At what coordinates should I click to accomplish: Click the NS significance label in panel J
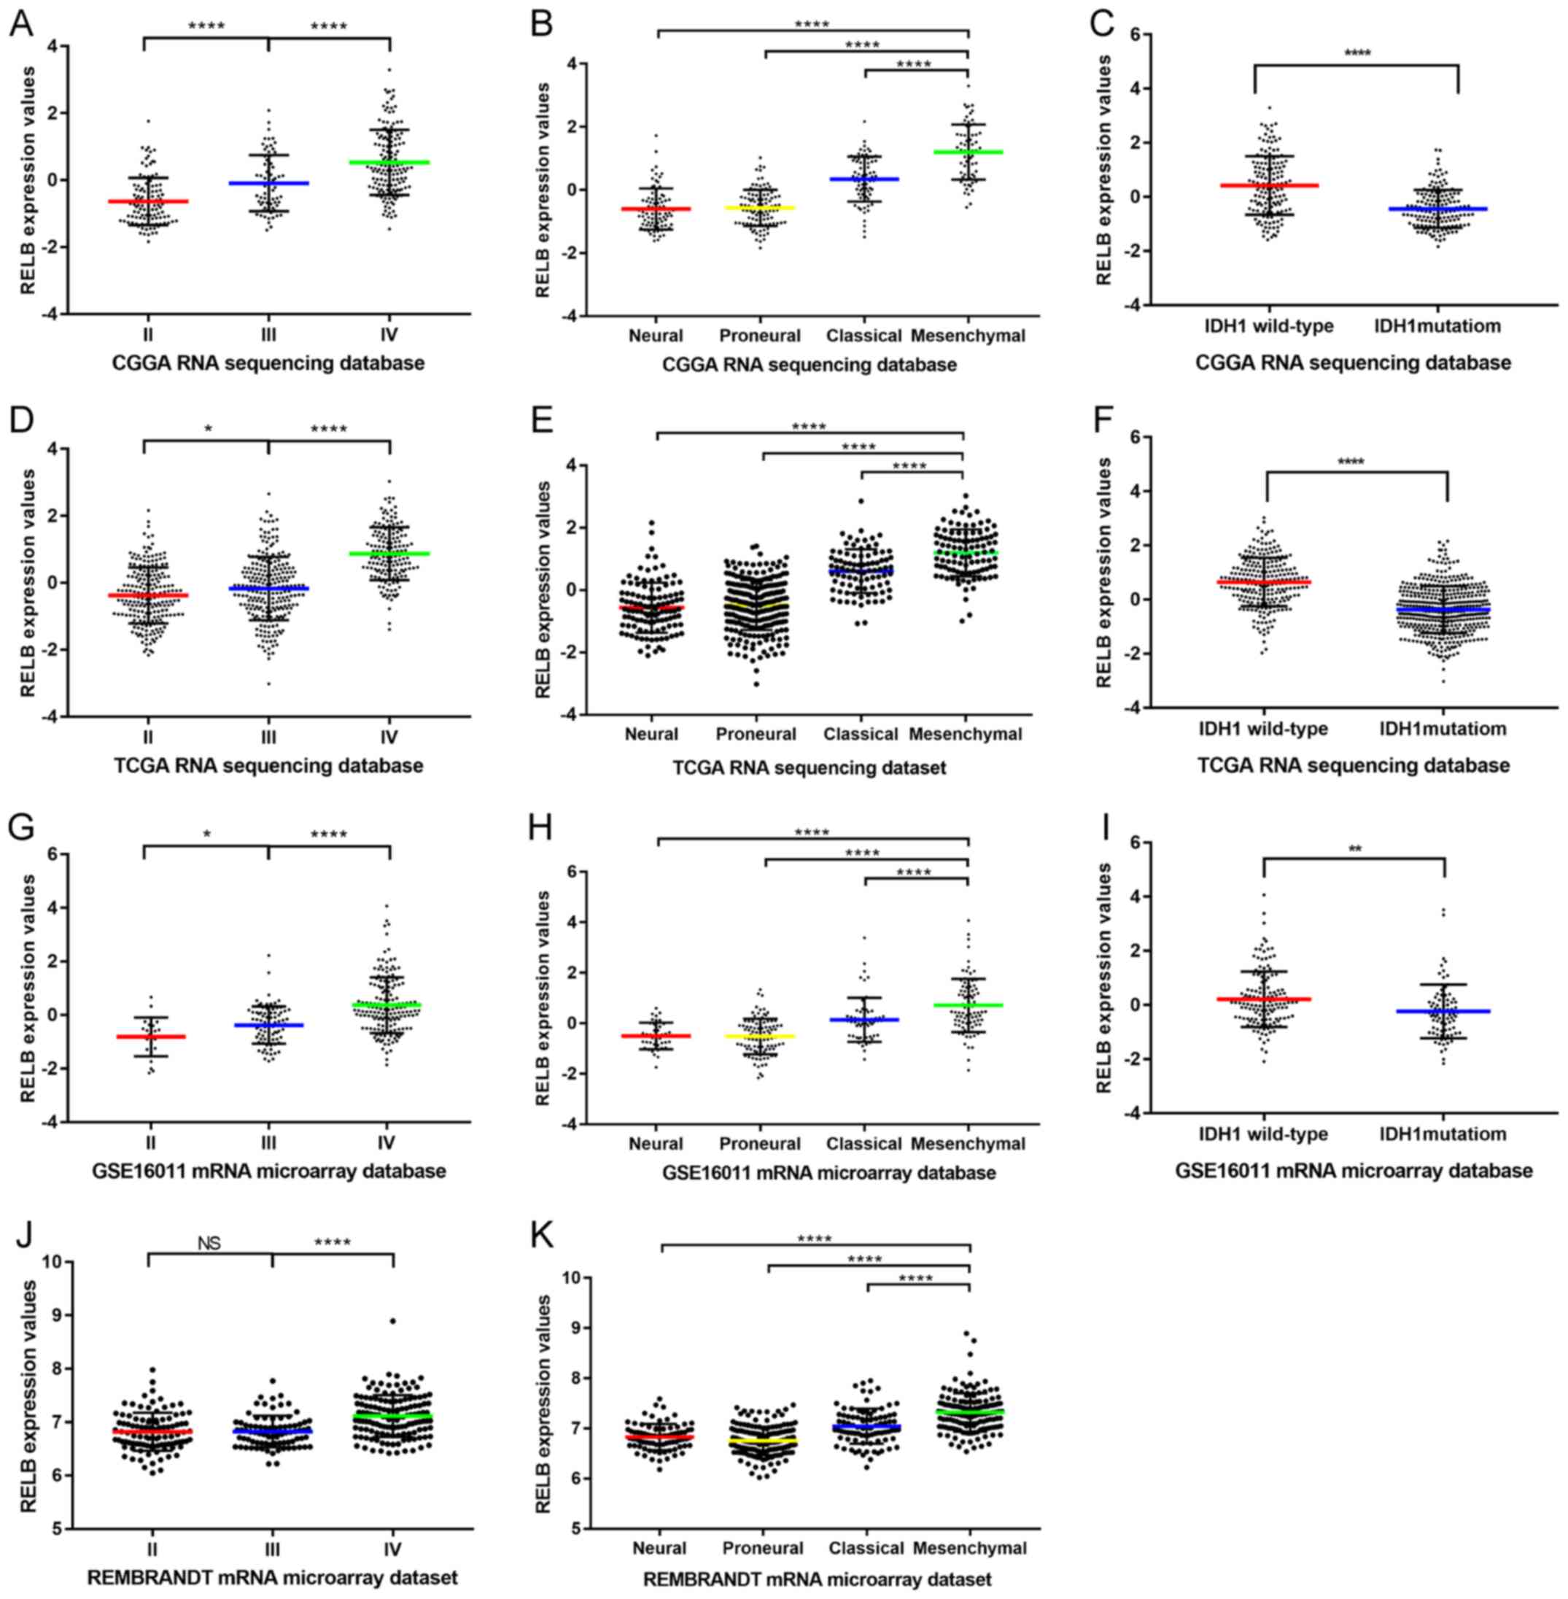click(209, 1242)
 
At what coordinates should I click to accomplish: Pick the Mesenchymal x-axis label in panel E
click(965, 734)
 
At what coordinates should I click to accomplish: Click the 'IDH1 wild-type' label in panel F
click(1263, 728)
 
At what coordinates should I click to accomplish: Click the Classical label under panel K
click(866, 1548)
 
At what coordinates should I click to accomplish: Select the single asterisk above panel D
click(209, 429)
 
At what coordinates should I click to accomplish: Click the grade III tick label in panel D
click(268, 737)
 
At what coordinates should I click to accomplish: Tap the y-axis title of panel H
click(543, 1000)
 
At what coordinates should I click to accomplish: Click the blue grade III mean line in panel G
click(268, 1025)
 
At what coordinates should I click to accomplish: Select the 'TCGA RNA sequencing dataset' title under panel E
click(809, 768)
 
